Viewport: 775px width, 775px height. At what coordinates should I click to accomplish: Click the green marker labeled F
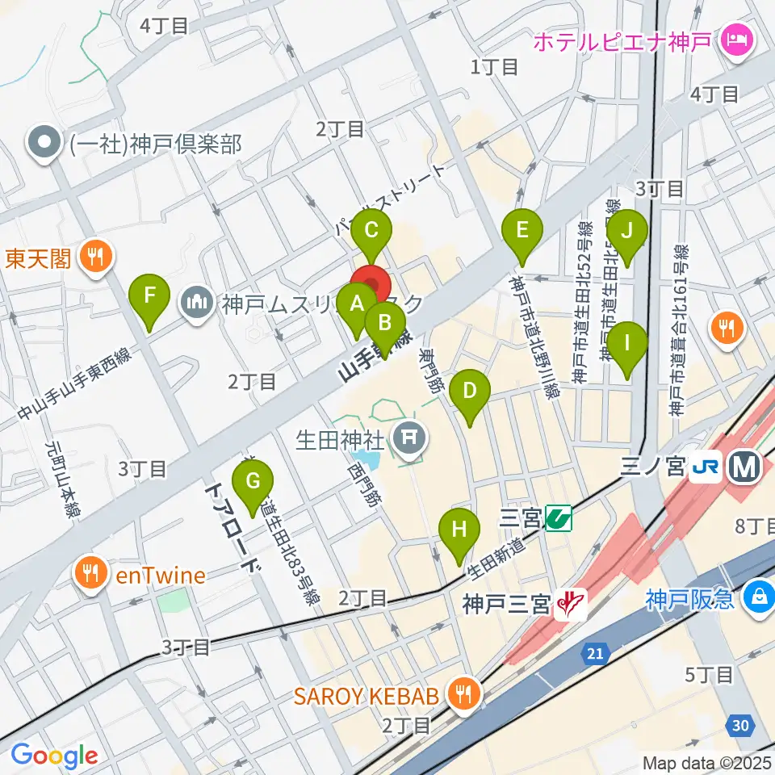(149, 295)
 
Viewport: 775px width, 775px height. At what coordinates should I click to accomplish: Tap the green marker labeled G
(253, 482)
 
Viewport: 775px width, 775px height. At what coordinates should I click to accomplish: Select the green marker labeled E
(522, 231)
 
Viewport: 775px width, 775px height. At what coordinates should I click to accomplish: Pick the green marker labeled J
(627, 231)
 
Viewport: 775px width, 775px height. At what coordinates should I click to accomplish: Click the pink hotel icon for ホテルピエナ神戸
(737, 37)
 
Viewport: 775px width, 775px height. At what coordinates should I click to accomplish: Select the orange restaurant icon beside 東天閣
(96, 258)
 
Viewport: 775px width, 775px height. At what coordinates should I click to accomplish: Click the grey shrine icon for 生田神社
(408, 440)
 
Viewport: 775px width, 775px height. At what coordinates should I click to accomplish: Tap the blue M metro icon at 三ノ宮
(742, 467)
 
